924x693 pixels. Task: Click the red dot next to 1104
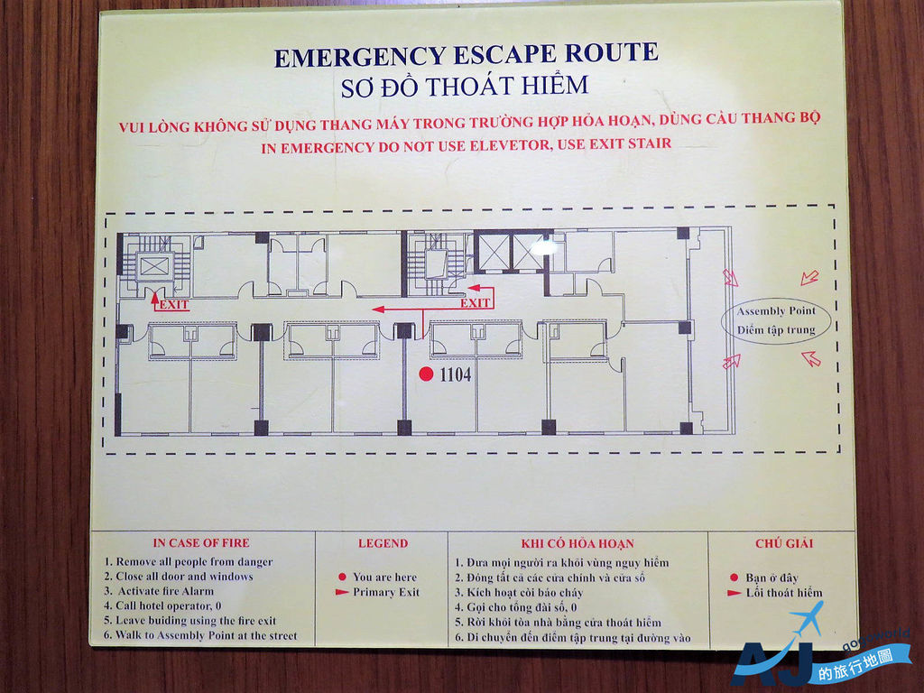click(x=426, y=374)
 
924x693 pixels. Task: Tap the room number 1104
click(x=456, y=374)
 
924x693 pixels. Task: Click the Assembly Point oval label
click(x=776, y=320)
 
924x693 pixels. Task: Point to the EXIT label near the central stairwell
click(x=475, y=303)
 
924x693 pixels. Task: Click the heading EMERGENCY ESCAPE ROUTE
click(x=467, y=55)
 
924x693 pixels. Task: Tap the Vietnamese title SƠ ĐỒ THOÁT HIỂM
click(x=465, y=86)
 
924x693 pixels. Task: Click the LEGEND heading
click(x=383, y=543)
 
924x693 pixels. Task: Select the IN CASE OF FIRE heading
click(x=201, y=542)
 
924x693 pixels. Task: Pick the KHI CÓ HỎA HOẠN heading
click(x=577, y=543)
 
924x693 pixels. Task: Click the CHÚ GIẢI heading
click(x=784, y=542)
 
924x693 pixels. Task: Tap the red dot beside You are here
click(x=342, y=577)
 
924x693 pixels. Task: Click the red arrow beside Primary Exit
click(x=342, y=592)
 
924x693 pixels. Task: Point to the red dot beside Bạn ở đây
click(x=734, y=577)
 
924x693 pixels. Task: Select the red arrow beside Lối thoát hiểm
click(x=735, y=593)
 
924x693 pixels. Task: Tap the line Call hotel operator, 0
click(x=162, y=605)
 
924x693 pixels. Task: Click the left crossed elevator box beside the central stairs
click(x=494, y=253)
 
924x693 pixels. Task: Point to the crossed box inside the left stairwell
click(x=154, y=266)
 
